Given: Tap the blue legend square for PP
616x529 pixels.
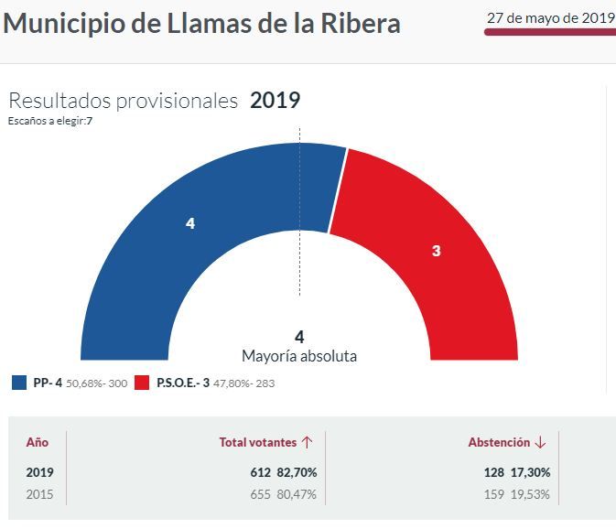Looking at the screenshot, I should pos(19,383).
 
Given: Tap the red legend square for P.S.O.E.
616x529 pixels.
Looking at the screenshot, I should pos(141,383).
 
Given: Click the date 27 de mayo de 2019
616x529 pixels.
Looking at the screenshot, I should pos(550,17).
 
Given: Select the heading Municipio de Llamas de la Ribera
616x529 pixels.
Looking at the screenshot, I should pos(202,24).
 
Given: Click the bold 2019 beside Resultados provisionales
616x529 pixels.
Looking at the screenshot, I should pos(275,101).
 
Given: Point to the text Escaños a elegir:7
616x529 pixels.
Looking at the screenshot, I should pos(50,121).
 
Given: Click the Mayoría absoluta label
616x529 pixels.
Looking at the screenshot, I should pos(299,356).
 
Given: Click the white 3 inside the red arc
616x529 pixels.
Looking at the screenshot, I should pos(436,250).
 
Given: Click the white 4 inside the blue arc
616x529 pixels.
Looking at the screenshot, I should pos(189,223).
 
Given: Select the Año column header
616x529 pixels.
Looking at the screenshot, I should pos(37,442).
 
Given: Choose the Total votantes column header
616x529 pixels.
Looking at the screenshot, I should pos(258,442).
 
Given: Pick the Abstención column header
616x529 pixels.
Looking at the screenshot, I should pos(499,442).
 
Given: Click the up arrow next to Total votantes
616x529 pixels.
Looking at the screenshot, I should pos(308,442).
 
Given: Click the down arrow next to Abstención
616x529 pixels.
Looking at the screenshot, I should pos(540,442).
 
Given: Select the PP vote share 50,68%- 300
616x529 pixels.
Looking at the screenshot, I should pos(96,383).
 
